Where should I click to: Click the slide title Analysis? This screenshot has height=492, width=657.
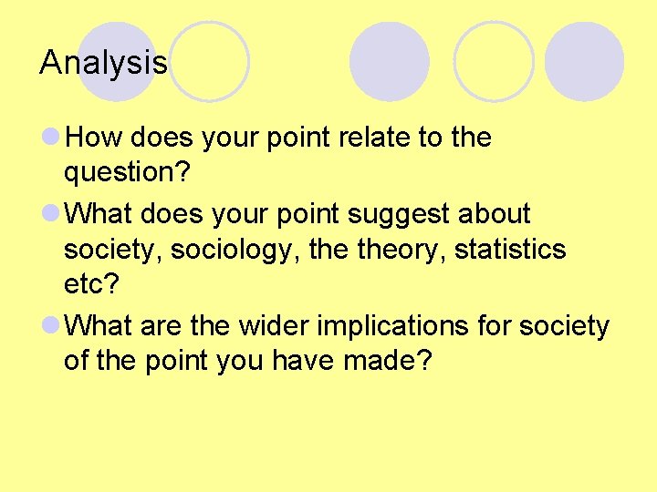[103, 63]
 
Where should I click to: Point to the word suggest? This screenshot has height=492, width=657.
[406, 213]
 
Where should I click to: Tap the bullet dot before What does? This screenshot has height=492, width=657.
[50, 214]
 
